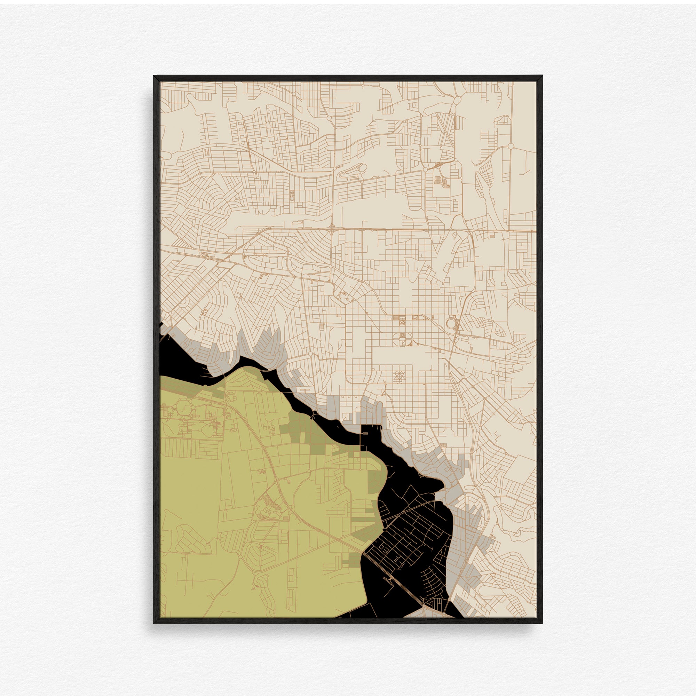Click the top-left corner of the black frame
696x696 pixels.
pyautogui.click(x=154, y=76)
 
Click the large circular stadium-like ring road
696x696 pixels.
pyautogui.click(x=451, y=323)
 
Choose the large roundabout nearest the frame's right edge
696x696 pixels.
pyautogui.click(x=511, y=146)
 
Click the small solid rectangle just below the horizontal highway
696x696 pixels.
pyautogui.click(x=492, y=236)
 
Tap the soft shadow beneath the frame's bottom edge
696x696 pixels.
pyautogui.click(x=348, y=628)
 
